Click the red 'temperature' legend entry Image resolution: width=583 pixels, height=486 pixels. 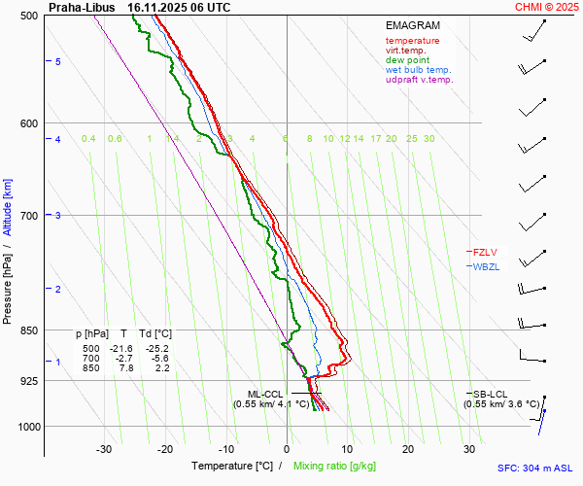[412, 41]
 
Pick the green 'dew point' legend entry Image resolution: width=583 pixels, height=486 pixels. [408, 60]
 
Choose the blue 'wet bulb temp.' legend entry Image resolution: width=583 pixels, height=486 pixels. [418, 70]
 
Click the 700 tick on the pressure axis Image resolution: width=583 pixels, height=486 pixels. [28, 215]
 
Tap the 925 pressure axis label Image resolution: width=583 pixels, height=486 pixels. [28, 381]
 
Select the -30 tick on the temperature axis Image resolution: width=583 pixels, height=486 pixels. [104, 449]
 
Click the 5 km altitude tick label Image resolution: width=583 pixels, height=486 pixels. [58, 61]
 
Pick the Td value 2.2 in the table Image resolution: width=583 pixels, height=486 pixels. [162, 367]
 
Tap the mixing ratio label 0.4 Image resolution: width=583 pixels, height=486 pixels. [88, 139]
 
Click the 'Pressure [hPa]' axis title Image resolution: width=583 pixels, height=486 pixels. [7, 283]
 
